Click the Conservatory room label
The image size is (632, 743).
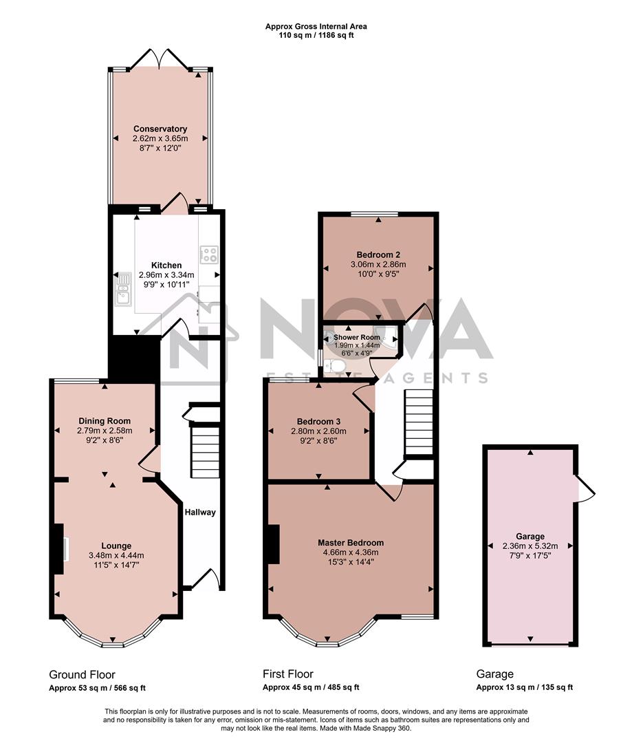160,129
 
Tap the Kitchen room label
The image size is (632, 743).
166,265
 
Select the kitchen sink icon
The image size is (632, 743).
123,289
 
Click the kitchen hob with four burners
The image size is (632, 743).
208,255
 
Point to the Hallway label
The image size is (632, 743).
199,512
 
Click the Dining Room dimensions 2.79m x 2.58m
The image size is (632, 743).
104,431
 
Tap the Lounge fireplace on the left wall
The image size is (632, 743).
58,547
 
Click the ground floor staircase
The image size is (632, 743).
204,451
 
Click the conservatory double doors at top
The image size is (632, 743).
160,61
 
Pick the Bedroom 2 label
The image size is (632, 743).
378,253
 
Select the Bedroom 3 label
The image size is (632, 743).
318,422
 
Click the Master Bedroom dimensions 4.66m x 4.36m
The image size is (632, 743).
351,552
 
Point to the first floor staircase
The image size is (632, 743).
417,422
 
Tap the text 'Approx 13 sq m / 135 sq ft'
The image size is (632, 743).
524,687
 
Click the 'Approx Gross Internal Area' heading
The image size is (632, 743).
316,26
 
